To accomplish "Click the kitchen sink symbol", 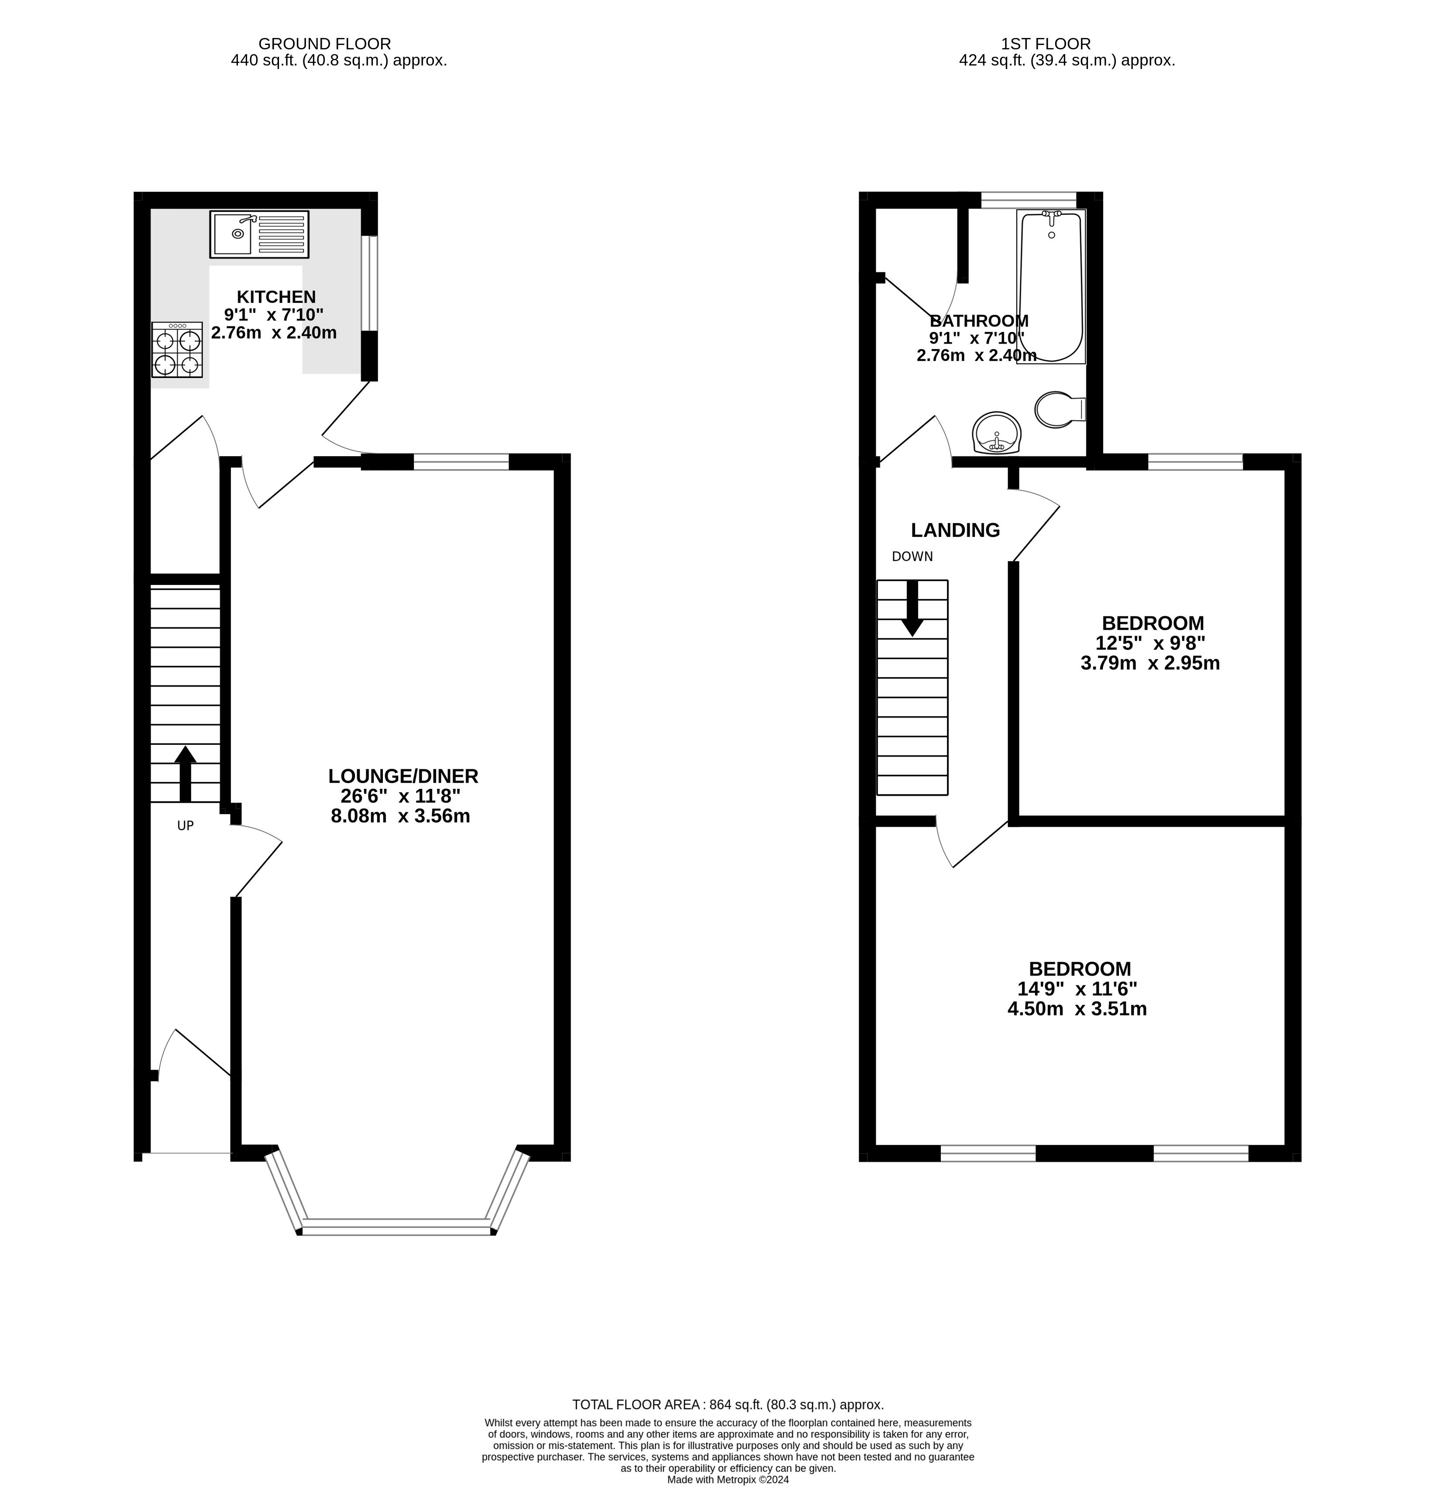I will pyautogui.click(x=259, y=234).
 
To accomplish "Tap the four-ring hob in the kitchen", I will pyautogui.click(x=177, y=350).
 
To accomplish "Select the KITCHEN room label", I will pyautogui.click(x=276, y=296).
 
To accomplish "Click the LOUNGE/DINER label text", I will pyautogui.click(x=403, y=776).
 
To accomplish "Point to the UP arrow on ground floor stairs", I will pyautogui.click(x=185, y=773).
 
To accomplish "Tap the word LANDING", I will pyautogui.click(x=955, y=530).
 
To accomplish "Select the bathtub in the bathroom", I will pyautogui.click(x=1051, y=286).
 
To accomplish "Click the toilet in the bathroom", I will pyautogui.click(x=1059, y=409).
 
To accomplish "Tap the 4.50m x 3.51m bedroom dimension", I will pyautogui.click(x=1077, y=1008).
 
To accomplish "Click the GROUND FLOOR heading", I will pyautogui.click(x=324, y=44).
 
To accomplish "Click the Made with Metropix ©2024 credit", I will pyautogui.click(x=728, y=1479).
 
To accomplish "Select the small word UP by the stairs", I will pyautogui.click(x=185, y=826).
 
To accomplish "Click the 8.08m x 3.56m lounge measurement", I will pyautogui.click(x=400, y=816).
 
